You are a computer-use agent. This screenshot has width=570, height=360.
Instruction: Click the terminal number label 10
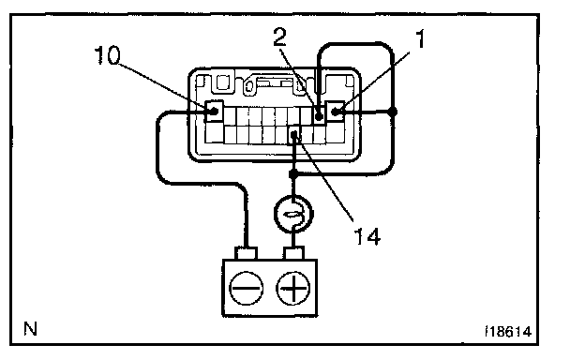[107, 55]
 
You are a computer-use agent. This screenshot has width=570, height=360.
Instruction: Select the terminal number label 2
[280, 37]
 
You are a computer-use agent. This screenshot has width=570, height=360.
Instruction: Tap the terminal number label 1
[420, 39]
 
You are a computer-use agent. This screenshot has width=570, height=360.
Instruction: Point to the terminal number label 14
[367, 236]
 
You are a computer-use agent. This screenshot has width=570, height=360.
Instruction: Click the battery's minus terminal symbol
[247, 288]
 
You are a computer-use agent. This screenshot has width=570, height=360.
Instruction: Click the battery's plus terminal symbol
[293, 288]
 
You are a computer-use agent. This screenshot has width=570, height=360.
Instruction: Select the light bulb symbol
[293, 214]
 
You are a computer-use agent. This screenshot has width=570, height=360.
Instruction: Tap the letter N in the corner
[31, 329]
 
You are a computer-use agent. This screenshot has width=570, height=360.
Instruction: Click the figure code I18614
[508, 332]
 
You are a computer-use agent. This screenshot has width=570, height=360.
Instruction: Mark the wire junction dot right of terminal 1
[392, 112]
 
